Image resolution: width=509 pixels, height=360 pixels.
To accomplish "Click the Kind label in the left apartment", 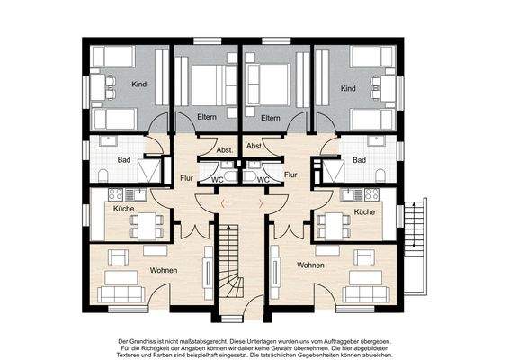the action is (138, 85).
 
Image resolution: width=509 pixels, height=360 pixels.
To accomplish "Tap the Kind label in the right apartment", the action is (348, 88).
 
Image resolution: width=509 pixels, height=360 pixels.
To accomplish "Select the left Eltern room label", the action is (207, 117).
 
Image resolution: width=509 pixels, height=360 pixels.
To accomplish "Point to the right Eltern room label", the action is (271, 118).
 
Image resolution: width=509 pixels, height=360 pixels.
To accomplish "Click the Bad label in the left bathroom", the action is (124, 160).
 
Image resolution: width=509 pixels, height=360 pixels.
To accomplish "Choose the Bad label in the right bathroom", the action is (359, 160).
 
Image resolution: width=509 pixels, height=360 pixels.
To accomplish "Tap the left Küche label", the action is (124, 208).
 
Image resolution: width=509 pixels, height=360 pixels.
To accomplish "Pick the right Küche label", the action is (364, 211).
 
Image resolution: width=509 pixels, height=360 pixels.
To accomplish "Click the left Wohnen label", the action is (164, 270).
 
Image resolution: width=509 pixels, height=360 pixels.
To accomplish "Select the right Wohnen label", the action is (310, 265).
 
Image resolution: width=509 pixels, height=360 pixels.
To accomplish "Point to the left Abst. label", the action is (225, 150).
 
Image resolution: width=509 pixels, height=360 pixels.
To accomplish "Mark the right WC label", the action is (263, 179).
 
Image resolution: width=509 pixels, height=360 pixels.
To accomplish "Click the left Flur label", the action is (186, 178).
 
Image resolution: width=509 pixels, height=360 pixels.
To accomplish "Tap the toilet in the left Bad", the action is (103, 175).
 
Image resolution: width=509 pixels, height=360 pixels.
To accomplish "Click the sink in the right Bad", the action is (376, 140).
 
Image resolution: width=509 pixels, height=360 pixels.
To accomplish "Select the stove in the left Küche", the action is (116, 194).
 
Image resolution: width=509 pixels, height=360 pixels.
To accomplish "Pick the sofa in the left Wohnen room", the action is (121, 294).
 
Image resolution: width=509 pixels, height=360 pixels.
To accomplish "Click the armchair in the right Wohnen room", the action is (364, 257).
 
